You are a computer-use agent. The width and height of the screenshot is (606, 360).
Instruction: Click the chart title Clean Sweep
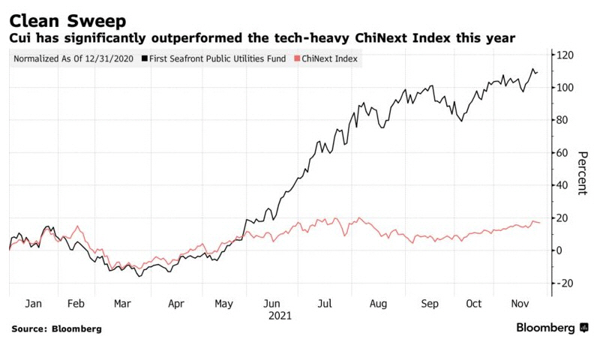click(x=67, y=19)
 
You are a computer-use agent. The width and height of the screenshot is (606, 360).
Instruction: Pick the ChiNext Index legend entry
click(x=328, y=58)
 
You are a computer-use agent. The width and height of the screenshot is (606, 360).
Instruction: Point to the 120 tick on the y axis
click(x=564, y=55)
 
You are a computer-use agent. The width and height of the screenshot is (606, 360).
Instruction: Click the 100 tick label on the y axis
click(x=564, y=88)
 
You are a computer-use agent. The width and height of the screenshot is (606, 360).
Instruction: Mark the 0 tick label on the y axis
click(x=558, y=250)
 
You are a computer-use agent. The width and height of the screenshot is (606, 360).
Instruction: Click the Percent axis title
click(x=582, y=173)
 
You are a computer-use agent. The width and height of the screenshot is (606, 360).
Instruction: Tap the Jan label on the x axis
click(x=34, y=304)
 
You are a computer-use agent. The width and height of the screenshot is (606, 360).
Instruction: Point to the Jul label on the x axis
click(x=325, y=304)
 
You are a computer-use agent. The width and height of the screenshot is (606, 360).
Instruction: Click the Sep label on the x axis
click(x=430, y=304)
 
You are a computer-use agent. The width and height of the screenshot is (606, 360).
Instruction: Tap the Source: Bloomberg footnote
click(x=56, y=328)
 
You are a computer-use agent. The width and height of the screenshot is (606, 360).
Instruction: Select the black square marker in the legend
click(x=144, y=58)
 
